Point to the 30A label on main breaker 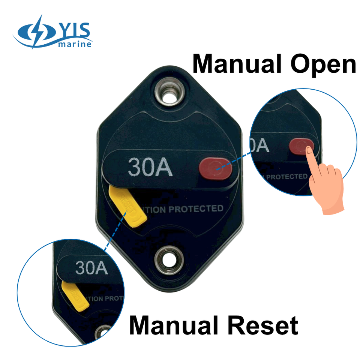point(150,167)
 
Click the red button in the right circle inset point(302,146)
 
